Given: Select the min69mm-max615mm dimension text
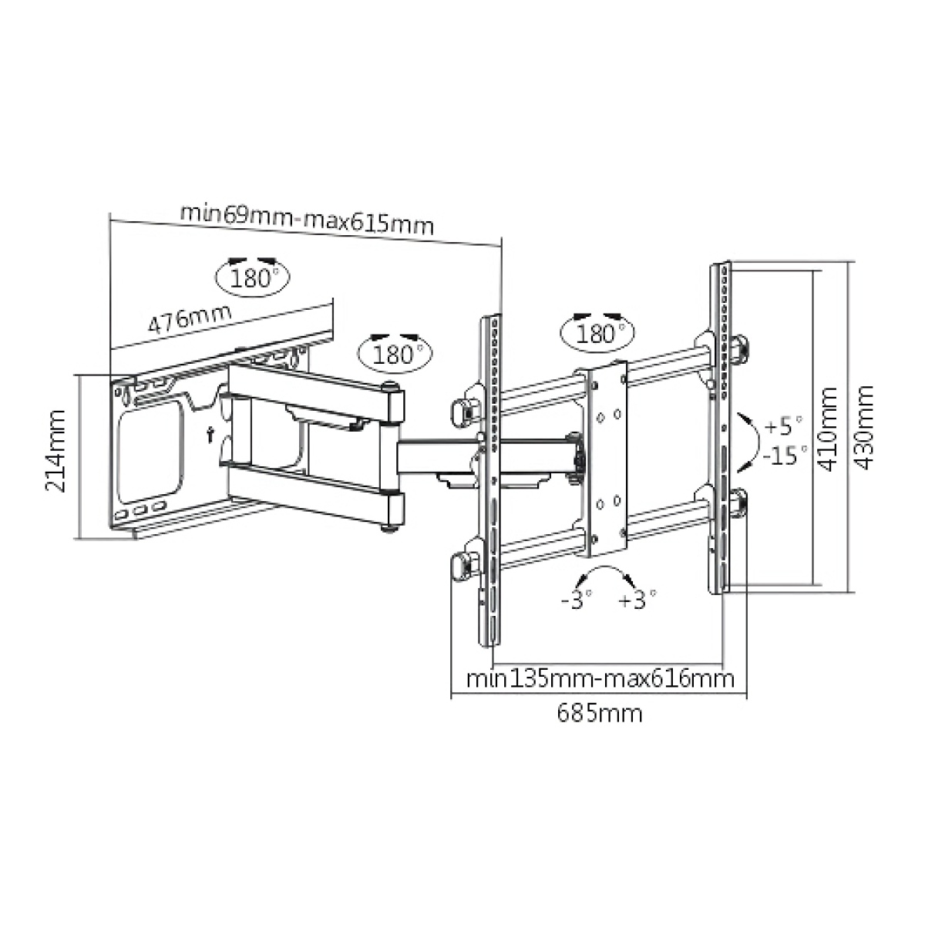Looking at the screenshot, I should coord(307,219).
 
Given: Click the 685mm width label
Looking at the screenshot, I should coord(599,713).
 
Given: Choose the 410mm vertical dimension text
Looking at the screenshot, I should coord(829,429).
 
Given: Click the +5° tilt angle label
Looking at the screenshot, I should coord(785,425).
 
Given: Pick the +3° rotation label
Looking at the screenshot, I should coord(637,599).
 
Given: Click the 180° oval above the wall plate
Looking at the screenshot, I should coord(254,276).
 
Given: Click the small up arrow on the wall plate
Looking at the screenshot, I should coord(210,434).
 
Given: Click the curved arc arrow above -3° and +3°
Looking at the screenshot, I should coord(606,575).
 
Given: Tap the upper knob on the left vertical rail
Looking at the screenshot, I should coord(463,410).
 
